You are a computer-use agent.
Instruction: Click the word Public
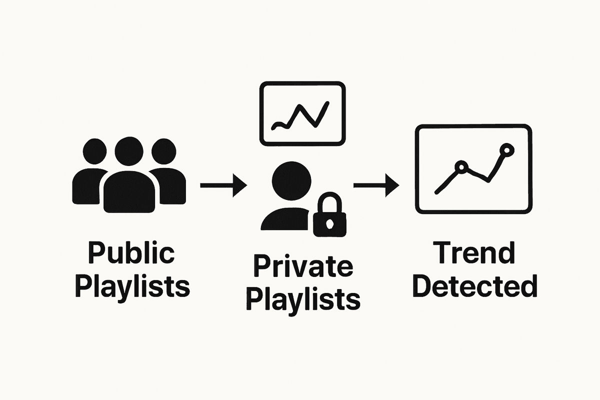click(x=131, y=254)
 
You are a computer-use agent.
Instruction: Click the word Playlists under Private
click(x=303, y=298)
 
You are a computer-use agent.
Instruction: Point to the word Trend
click(x=473, y=253)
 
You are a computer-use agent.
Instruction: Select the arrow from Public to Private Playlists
click(x=223, y=185)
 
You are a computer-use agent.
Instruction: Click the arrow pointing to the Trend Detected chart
click(x=376, y=185)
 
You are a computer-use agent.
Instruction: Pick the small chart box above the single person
click(x=302, y=113)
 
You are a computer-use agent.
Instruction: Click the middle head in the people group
click(x=129, y=151)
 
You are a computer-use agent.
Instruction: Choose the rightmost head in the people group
click(x=163, y=152)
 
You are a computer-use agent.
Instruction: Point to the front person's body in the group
click(x=129, y=192)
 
